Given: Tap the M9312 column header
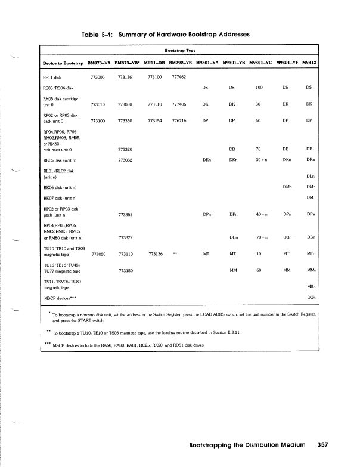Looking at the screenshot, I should pyautogui.click(x=310, y=62).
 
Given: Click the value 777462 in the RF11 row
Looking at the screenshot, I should pyautogui.click(x=179, y=77).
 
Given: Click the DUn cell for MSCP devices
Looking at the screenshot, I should pyautogui.click(x=311, y=296).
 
